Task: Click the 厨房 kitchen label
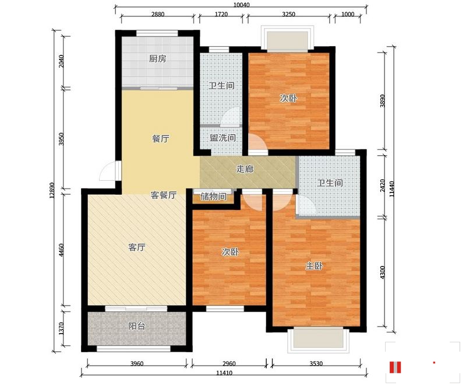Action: pyautogui.click(x=157, y=59)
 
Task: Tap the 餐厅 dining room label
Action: pyautogui.click(x=161, y=139)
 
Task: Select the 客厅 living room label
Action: pyautogui.click(x=137, y=247)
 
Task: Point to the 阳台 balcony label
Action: pyautogui.click(x=137, y=326)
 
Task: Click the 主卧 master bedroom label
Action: pyautogui.click(x=314, y=266)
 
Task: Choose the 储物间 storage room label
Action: pyautogui.click(x=213, y=197)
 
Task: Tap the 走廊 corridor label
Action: pyautogui.click(x=245, y=169)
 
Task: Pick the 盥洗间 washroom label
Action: pyautogui.click(x=223, y=138)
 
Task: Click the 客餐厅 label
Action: pyautogui.click(x=164, y=195)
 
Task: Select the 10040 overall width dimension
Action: pyautogui.click(x=241, y=5)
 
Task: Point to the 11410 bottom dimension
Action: pyautogui.click(x=224, y=373)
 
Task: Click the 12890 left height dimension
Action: pyautogui.click(x=52, y=191)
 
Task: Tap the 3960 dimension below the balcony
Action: pyautogui.click(x=137, y=363)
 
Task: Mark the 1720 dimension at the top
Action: pyautogui.click(x=221, y=14)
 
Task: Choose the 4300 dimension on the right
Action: pyautogui.click(x=383, y=272)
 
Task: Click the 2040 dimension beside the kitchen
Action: pyautogui.click(x=61, y=61)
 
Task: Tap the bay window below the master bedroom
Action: pyautogui.click(x=318, y=339)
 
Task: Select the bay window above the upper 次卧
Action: pyautogui.click(x=287, y=38)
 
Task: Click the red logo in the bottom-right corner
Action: pyautogui.click(x=396, y=367)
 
